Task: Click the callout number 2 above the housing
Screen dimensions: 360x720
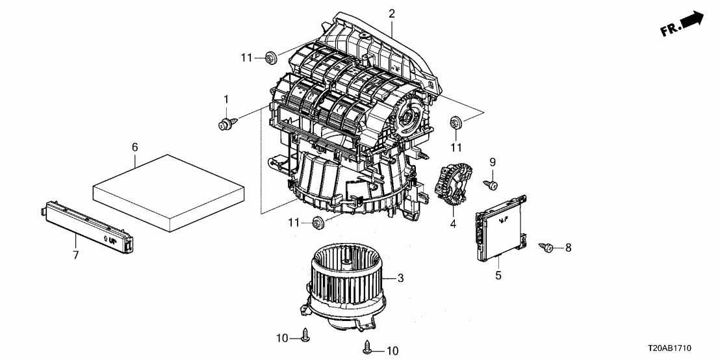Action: click(x=392, y=13)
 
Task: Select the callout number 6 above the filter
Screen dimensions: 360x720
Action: click(x=135, y=148)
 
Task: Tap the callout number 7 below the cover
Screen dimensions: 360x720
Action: click(x=75, y=255)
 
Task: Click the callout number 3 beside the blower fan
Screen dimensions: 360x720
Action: click(x=401, y=278)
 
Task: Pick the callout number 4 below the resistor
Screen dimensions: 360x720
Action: click(x=453, y=224)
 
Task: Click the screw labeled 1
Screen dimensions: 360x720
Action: click(x=227, y=122)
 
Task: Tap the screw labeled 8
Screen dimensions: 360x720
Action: click(x=546, y=247)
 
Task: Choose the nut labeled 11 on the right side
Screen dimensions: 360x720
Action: click(x=456, y=122)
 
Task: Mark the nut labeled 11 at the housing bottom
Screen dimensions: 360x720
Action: click(x=318, y=223)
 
